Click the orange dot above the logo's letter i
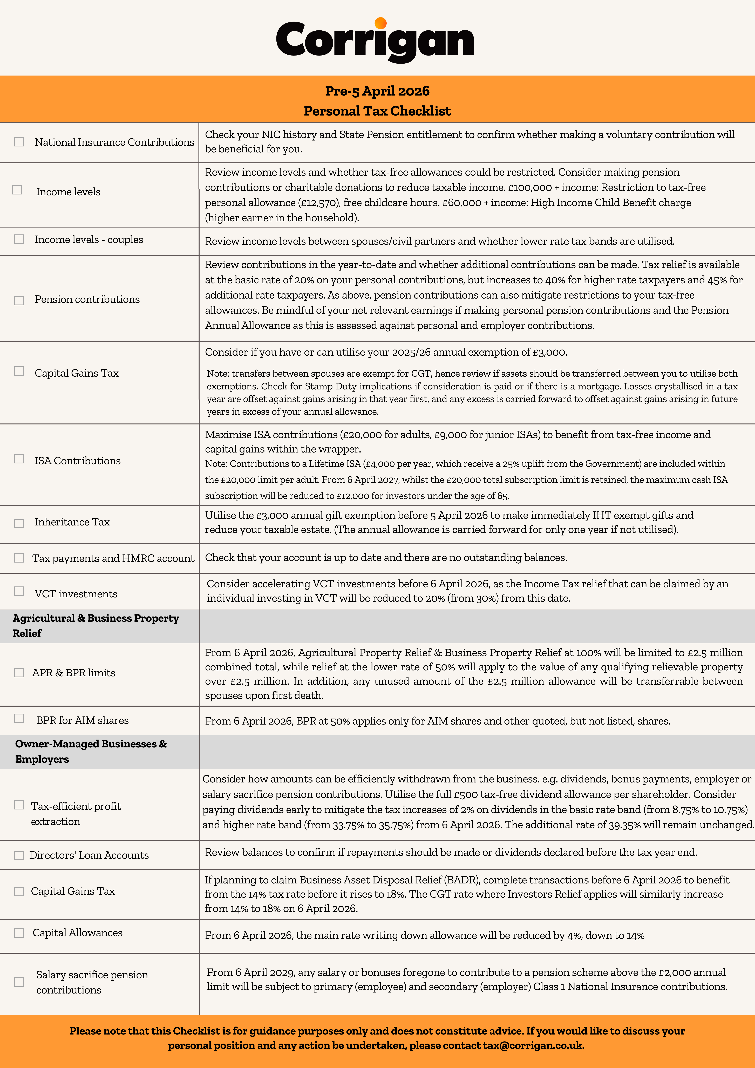point(380,23)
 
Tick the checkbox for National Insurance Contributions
point(19,142)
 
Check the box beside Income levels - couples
point(19,239)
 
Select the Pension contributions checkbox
point(19,300)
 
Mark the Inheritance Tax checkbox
point(19,523)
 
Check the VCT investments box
point(19,591)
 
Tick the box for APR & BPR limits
point(19,673)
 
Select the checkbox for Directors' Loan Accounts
point(19,855)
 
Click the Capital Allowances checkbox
point(19,933)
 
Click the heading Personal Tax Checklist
point(377,111)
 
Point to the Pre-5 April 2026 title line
point(377,91)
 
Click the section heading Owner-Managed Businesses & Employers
point(91,751)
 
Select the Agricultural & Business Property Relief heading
point(95,626)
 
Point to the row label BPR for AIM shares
point(82,721)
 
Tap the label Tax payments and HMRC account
point(113,558)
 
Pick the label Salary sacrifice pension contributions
point(92,982)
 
